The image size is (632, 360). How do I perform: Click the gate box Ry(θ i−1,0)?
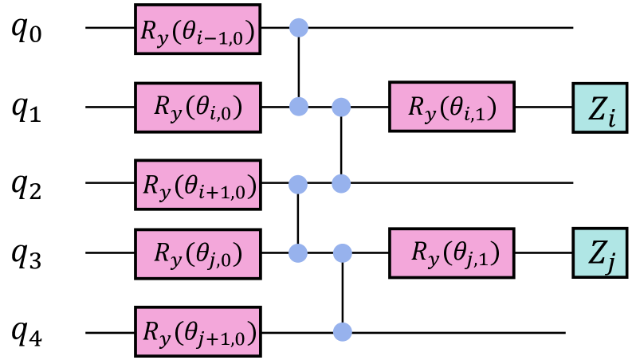(198, 30)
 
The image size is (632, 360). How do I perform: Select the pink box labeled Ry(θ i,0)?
(198, 107)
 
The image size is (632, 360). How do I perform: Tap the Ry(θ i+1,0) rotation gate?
(198, 185)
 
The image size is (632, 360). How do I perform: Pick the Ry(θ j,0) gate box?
(198, 253)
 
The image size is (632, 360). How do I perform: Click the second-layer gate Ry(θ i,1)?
(451, 107)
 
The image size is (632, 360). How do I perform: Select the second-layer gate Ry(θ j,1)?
(451, 253)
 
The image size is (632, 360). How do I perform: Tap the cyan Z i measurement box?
(599, 108)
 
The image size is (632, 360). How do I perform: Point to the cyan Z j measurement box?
(599, 253)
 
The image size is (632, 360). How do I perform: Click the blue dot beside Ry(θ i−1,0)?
(298, 29)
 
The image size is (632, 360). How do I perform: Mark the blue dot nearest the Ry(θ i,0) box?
(298, 107)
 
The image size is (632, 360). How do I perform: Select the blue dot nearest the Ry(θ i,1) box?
(341, 107)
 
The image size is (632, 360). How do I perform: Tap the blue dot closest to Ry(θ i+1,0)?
(298, 185)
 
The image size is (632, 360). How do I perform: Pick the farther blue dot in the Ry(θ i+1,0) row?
(341, 185)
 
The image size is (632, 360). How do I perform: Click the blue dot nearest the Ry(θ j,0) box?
(298, 253)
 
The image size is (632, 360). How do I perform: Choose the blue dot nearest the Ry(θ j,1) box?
(342, 253)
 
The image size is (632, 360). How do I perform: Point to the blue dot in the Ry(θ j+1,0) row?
(342, 331)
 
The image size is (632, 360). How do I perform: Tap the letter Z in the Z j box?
(595, 252)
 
